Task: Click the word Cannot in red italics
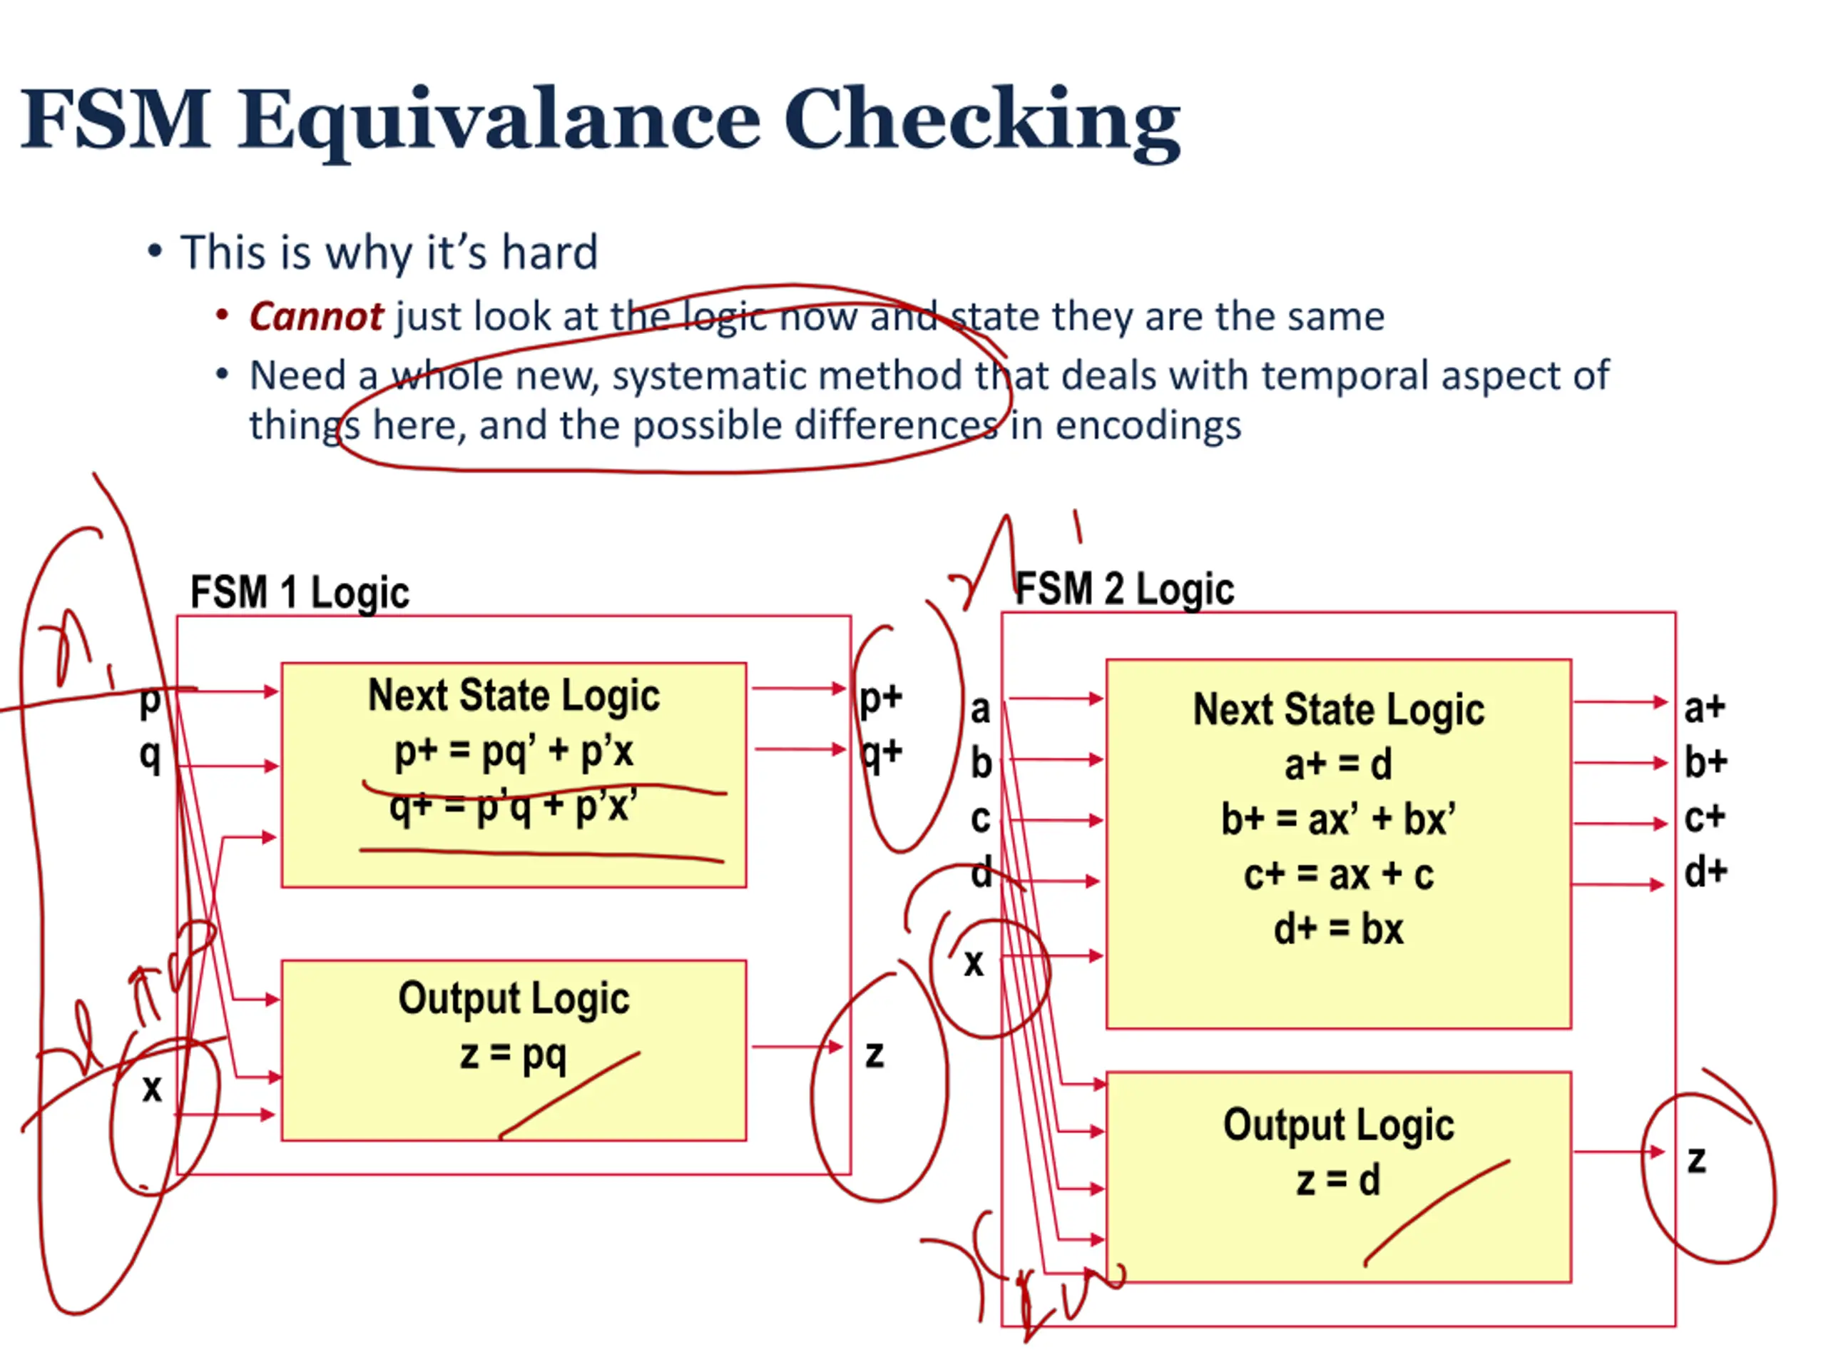(x=315, y=316)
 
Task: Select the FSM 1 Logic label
(x=300, y=593)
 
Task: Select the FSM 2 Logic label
(x=1124, y=589)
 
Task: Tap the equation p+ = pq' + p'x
(x=514, y=752)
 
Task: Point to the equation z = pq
(x=514, y=1055)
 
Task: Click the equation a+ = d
(x=1338, y=765)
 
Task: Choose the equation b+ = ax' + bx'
(x=1338, y=819)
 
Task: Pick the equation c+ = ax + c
(x=1338, y=875)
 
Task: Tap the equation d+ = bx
(x=1338, y=930)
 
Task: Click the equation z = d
(x=1338, y=1180)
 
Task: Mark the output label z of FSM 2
(x=1696, y=1160)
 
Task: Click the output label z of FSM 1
(x=874, y=1055)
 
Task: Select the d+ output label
(x=1705, y=872)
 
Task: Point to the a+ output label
(x=1705, y=708)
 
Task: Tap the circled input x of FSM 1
(x=152, y=1088)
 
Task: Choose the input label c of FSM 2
(x=980, y=818)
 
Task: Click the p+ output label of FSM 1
(x=881, y=698)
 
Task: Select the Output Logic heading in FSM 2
(x=1338, y=1125)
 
